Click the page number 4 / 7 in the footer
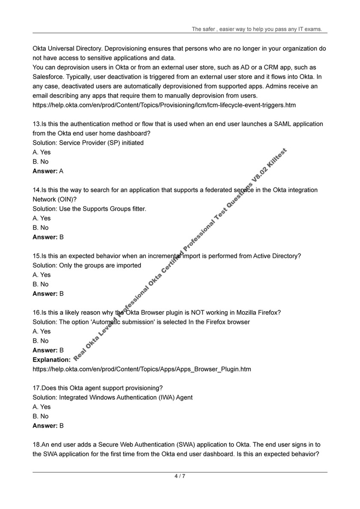(180, 476)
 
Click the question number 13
(36, 124)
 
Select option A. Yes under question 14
(42, 218)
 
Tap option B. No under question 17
(41, 416)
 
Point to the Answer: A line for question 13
(48, 171)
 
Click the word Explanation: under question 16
(51, 360)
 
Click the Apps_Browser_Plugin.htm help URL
(142, 369)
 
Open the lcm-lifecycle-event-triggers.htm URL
(164, 105)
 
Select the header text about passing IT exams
(257, 29)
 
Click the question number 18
(36, 444)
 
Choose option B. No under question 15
(41, 284)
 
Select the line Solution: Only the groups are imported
(87, 265)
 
